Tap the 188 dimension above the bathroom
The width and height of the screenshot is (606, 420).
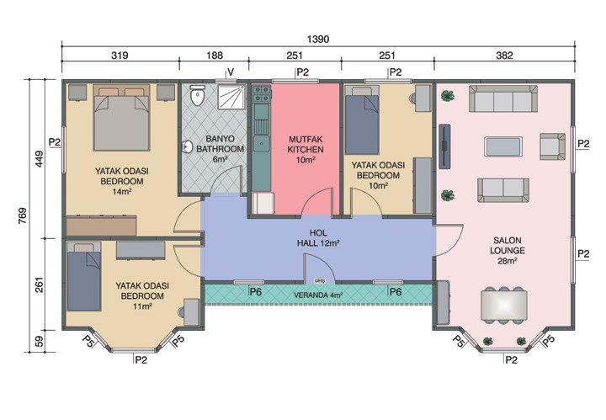[214, 56]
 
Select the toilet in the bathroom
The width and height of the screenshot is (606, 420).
[197, 97]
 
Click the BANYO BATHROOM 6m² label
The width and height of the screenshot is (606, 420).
[214, 149]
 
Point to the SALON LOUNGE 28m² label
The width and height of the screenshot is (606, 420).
[509, 250]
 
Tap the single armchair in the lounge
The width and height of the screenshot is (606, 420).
[552, 145]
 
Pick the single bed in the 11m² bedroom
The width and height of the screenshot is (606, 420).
[84, 276]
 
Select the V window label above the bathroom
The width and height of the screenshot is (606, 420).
[229, 72]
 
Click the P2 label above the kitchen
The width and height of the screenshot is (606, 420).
[302, 72]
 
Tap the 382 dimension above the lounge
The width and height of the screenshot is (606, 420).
[503, 56]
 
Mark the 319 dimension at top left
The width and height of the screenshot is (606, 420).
[120, 56]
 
